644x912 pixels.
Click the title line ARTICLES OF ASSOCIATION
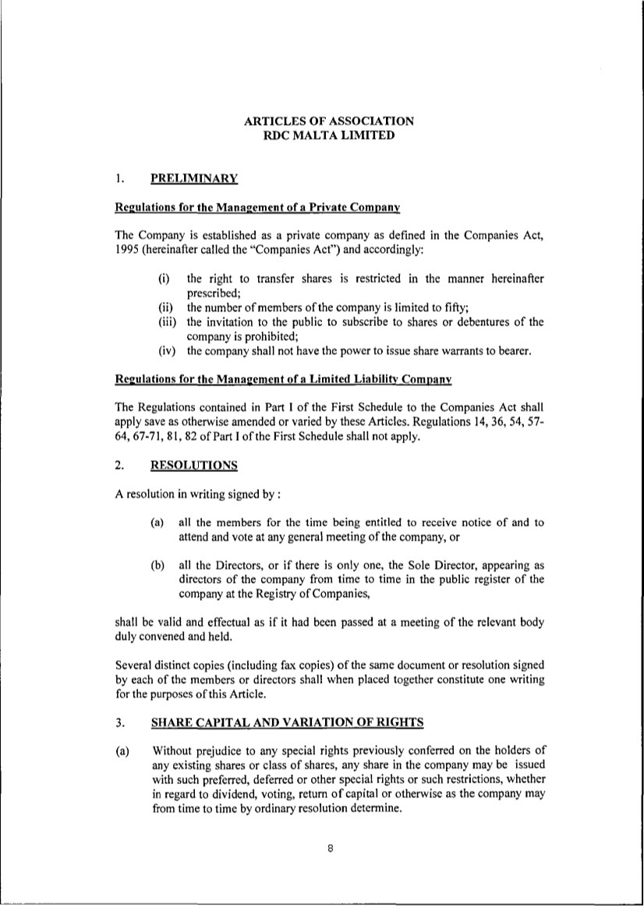pyautogui.click(x=328, y=121)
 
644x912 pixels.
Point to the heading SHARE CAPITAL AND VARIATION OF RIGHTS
pyautogui.click(x=287, y=722)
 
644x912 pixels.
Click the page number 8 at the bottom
pyautogui.click(x=331, y=851)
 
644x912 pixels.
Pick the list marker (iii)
pyautogui.click(x=166, y=321)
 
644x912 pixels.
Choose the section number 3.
pyautogui.click(x=119, y=722)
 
